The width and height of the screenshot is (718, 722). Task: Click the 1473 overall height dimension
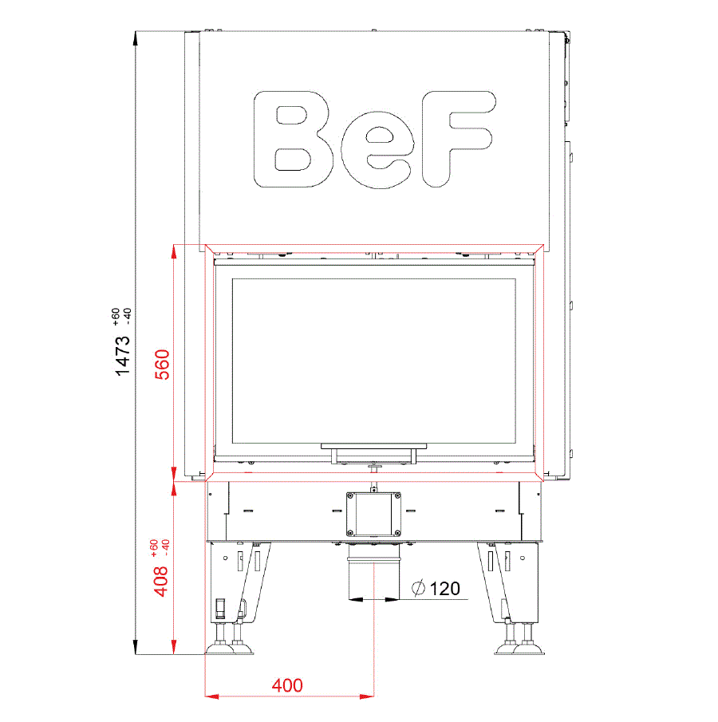(x=123, y=356)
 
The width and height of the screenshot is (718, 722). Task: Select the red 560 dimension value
(x=162, y=365)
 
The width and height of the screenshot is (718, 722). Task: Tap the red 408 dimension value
(x=161, y=581)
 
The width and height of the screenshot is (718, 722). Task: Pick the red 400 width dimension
(x=287, y=685)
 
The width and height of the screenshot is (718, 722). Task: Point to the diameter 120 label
(x=436, y=589)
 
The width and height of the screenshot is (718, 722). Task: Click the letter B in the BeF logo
(x=293, y=139)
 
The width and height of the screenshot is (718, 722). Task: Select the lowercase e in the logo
(x=377, y=150)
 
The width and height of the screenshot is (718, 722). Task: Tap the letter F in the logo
(x=459, y=139)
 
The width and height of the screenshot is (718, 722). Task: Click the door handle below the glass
(x=374, y=454)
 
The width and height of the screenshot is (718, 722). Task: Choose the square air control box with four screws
(x=373, y=515)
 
